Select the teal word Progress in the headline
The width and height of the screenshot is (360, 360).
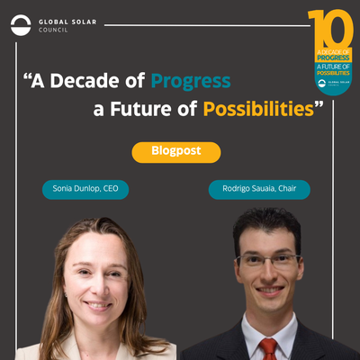click(190, 81)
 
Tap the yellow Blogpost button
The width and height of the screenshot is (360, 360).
click(175, 152)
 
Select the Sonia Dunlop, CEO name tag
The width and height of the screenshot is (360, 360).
click(85, 190)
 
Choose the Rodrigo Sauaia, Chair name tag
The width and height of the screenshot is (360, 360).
click(259, 190)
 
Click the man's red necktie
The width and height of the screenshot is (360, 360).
click(268, 348)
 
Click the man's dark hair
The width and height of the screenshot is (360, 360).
click(266, 225)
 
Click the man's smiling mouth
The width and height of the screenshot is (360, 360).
click(269, 293)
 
